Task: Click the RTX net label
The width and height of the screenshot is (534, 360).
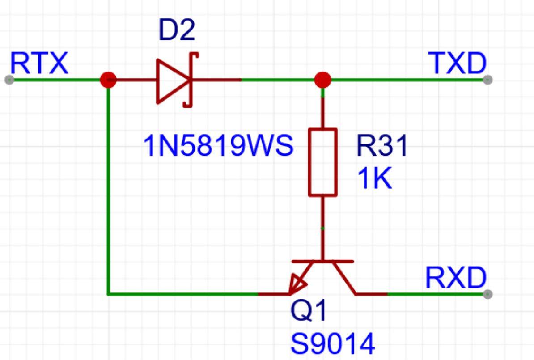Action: click(39, 63)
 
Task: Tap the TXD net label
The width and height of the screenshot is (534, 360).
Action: click(457, 63)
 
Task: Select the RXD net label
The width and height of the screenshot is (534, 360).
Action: click(455, 278)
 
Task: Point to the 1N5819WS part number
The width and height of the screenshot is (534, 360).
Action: click(218, 146)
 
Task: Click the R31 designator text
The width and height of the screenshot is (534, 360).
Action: click(382, 146)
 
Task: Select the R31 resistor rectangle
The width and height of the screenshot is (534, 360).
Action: click(322, 162)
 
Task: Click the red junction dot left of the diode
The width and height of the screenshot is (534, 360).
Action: click(108, 80)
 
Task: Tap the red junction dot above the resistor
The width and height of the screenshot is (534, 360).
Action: click(322, 80)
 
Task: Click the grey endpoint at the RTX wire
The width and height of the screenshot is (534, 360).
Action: click(9, 80)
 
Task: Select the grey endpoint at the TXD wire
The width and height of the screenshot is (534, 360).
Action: click(487, 80)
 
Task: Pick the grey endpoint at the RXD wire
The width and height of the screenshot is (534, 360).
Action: click(487, 294)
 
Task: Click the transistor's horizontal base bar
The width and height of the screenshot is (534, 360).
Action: click(322, 260)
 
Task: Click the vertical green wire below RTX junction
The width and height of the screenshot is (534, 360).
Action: click(108, 188)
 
